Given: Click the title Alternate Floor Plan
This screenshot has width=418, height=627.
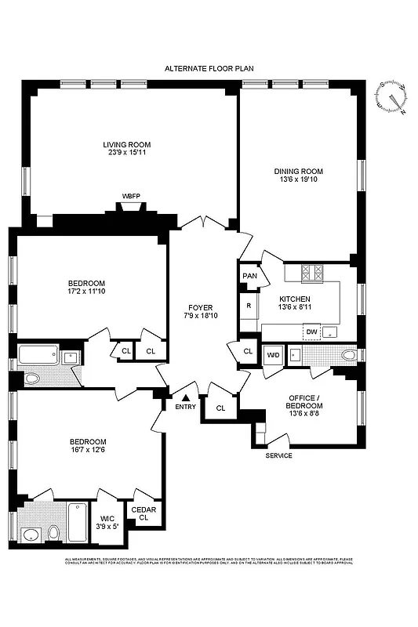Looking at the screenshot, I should click(209, 69).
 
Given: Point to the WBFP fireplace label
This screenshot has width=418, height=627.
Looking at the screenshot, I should click(131, 195).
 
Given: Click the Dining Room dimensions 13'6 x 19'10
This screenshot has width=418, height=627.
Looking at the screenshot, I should click(298, 180).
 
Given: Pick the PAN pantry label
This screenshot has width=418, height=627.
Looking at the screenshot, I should click(249, 276).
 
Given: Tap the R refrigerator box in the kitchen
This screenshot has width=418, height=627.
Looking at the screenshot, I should click(249, 305).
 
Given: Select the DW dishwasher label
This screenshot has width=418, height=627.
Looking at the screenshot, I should click(311, 332).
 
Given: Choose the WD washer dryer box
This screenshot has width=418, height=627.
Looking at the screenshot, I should click(272, 354).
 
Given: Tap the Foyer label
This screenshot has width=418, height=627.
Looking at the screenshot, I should click(201, 307).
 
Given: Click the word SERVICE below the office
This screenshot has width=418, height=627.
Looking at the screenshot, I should click(278, 455).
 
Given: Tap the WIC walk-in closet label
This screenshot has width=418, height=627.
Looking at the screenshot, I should click(107, 518).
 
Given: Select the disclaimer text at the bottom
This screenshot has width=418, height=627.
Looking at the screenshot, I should click(209, 561).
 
